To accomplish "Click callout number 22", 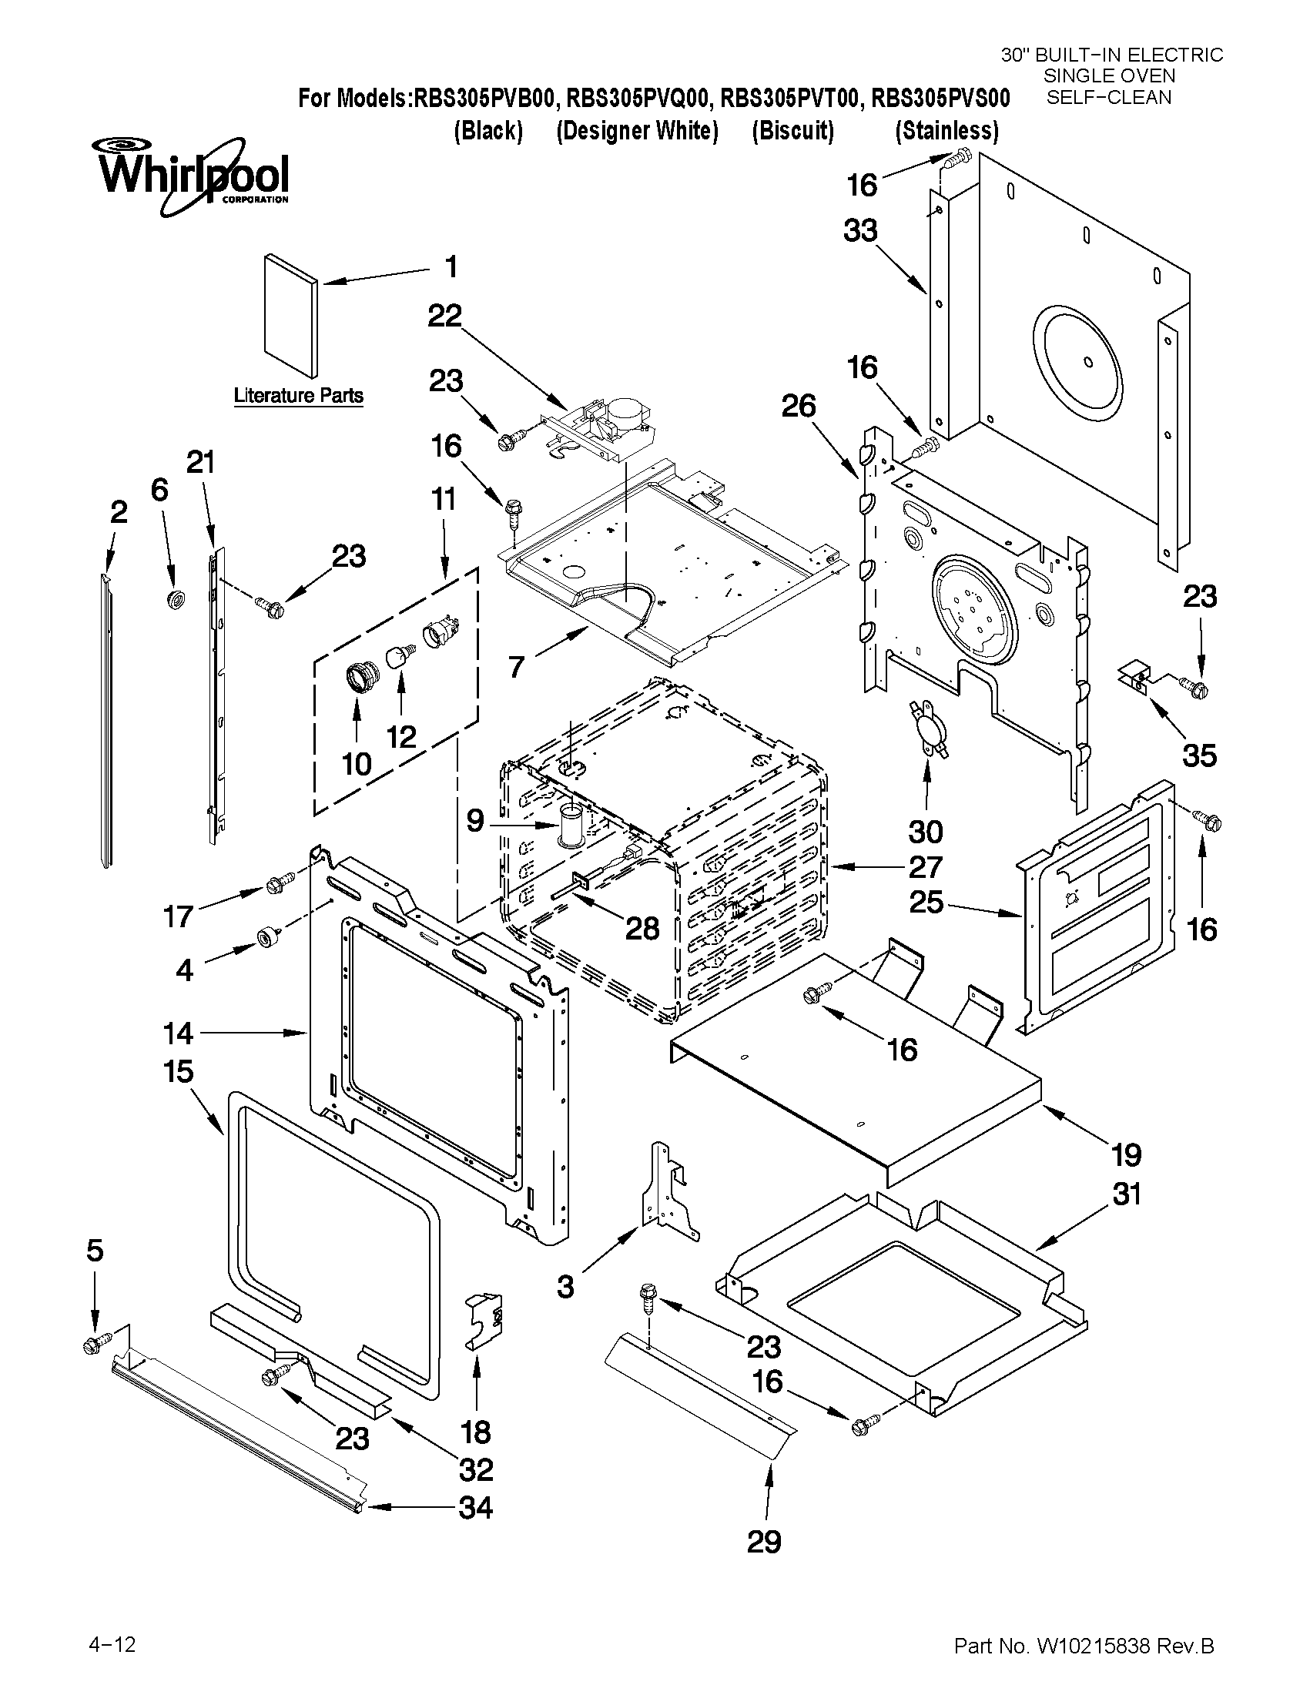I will pyautogui.click(x=444, y=316).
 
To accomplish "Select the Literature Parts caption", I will pyautogui.click(x=298, y=396).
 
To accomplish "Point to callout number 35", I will pyautogui.click(x=1199, y=755).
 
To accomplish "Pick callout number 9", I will pyautogui.click(x=476, y=821).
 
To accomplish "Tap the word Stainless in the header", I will pyautogui.click(x=946, y=131).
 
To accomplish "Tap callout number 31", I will pyautogui.click(x=1127, y=1194).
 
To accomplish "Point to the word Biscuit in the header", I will pyautogui.click(x=793, y=131).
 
